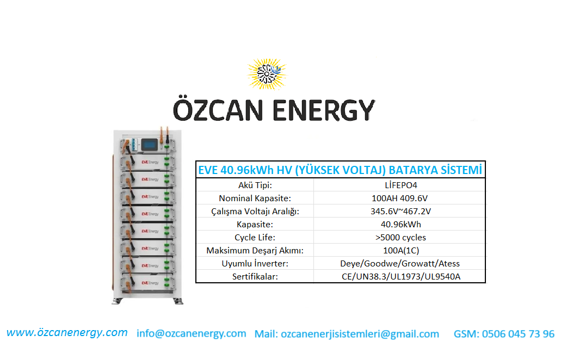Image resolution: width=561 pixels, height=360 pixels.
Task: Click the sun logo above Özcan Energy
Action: point(267,73)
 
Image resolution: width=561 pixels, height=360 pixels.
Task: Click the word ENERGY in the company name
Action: point(324,110)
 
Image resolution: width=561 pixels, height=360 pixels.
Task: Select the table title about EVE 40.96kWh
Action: point(340,170)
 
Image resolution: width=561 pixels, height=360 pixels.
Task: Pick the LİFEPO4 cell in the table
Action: point(400,185)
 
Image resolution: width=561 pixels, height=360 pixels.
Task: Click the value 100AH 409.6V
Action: point(399,198)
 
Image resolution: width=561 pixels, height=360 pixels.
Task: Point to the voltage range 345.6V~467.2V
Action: point(400,212)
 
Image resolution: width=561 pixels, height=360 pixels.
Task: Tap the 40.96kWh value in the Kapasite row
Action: point(400,224)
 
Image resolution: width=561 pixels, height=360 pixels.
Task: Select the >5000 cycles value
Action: point(400,238)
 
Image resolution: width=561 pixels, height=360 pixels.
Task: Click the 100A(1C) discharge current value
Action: point(400,250)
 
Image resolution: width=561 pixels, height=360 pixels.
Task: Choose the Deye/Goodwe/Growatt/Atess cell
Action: point(399,264)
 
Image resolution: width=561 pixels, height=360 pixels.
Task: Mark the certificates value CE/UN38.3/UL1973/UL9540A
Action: point(400,276)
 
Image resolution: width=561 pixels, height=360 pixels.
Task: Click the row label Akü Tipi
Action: point(255,185)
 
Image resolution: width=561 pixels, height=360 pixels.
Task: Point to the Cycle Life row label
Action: point(255,238)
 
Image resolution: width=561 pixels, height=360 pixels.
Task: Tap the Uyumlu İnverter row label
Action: point(255,264)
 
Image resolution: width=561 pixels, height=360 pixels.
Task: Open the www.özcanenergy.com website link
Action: point(67,332)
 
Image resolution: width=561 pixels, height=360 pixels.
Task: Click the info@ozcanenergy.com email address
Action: point(192,333)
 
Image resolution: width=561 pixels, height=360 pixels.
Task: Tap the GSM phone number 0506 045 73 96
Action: point(518,334)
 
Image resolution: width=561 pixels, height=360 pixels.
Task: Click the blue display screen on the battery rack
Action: point(149,145)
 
